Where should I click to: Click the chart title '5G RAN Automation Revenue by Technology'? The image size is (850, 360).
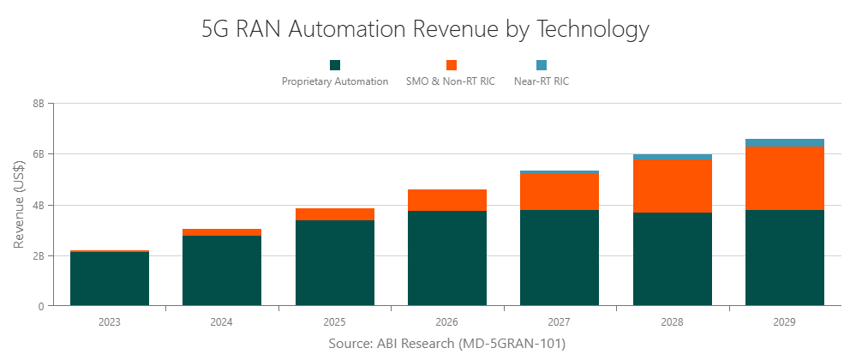click(x=425, y=28)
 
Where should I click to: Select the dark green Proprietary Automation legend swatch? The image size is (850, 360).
click(x=335, y=65)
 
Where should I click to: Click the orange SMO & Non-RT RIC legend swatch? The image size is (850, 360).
click(x=451, y=65)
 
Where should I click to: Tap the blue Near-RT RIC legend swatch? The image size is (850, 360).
click(x=541, y=65)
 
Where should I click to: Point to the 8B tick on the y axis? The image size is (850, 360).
click(x=39, y=104)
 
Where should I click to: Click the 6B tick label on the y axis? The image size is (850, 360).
click(x=39, y=154)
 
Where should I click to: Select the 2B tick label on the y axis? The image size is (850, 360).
click(x=39, y=255)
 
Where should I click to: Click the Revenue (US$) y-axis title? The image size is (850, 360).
click(x=19, y=204)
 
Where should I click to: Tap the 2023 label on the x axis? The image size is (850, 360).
click(x=109, y=322)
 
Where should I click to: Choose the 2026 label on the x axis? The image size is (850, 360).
click(x=446, y=322)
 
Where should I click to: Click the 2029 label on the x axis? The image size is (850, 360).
click(x=784, y=322)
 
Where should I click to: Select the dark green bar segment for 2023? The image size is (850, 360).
click(x=109, y=279)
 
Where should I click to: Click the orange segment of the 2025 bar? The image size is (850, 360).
click(x=334, y=214)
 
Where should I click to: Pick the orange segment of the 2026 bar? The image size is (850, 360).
click(x=446, y=200)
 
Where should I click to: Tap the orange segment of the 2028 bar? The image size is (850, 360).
click(x=672, y=185)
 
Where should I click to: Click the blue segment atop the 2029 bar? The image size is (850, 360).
click(x=784, y=142)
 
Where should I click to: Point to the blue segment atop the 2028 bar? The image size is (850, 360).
click(x=672, y=156)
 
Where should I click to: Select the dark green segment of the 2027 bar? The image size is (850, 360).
click(x=560, y=257)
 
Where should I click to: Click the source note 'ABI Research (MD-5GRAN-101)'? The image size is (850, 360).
click(x=446, y=344)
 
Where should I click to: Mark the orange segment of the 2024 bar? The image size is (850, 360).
click(x=222, y=232)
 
